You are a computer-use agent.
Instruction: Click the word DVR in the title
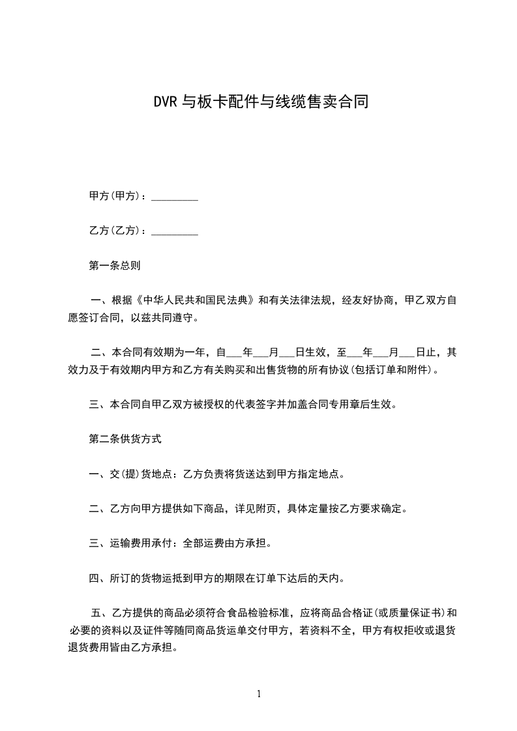pos(165,102)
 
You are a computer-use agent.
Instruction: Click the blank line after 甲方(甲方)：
pos(174,196)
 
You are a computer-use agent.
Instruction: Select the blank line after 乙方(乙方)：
pos(174,231)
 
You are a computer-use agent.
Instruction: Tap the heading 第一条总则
pos(115,266)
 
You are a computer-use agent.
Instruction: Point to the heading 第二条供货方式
pos(125,439)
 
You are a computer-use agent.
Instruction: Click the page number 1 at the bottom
pos(259,694)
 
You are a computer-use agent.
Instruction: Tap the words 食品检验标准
pos(259,613)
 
